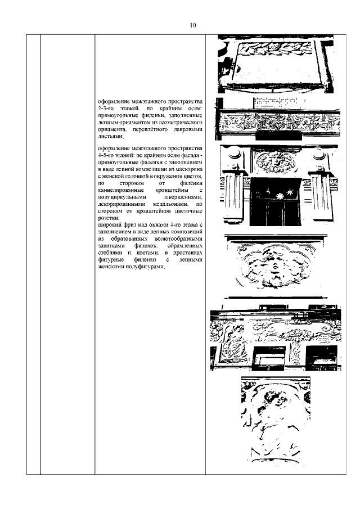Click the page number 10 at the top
pos(192,25)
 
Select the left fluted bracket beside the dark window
pos(234,197)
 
